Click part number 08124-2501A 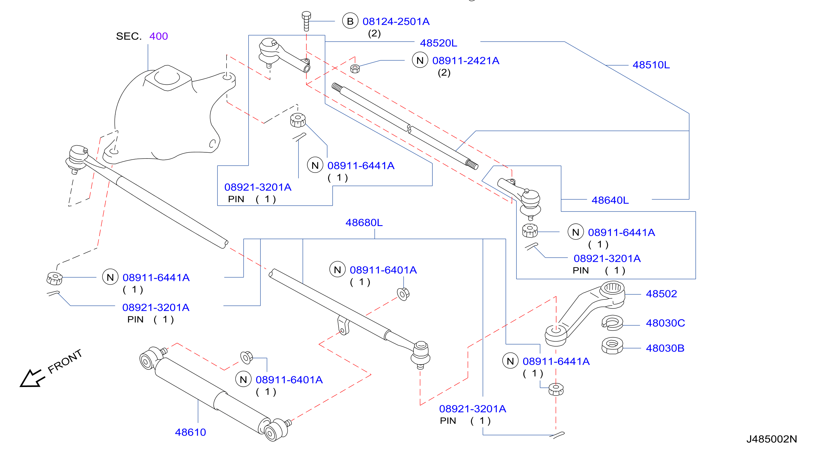point(396,22)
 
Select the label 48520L point(438,43)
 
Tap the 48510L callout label point(651,65)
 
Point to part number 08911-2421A point(466,61)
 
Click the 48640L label point(610,200)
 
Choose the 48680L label point(364,222)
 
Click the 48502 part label point(661,294)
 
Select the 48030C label point(665,323)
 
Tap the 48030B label point(665,348)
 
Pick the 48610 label point(190,432)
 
